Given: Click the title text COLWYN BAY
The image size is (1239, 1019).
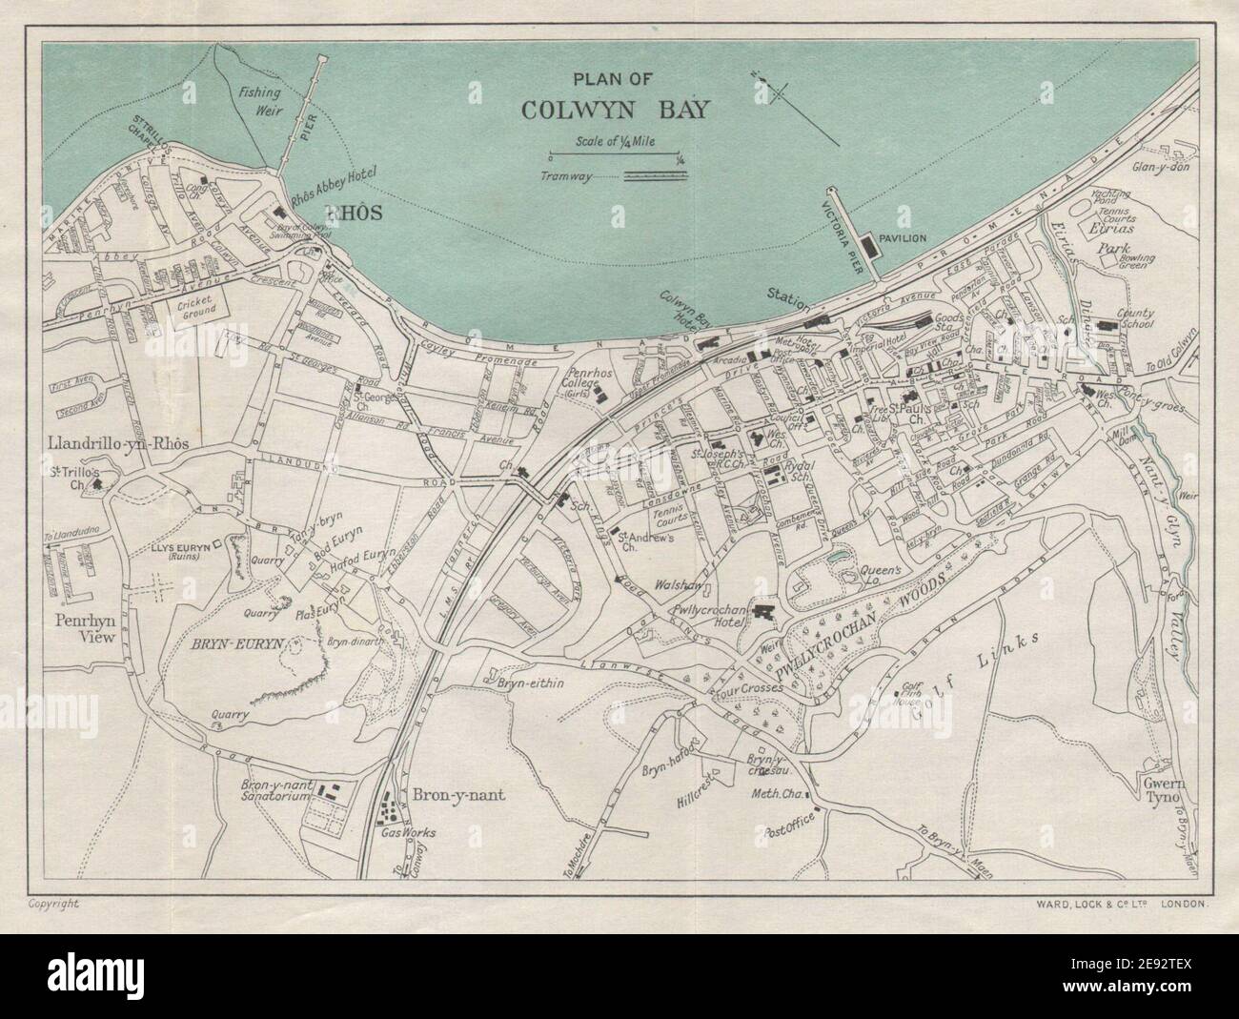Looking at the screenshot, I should click(615, 109).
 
